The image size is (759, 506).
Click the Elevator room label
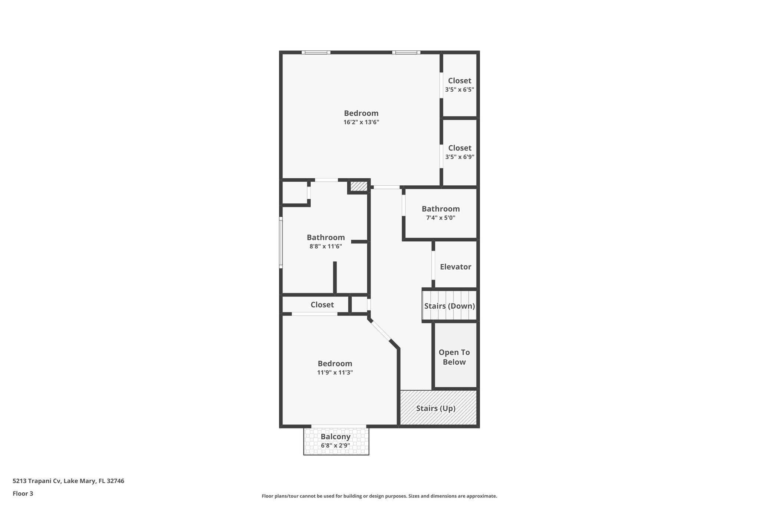455,267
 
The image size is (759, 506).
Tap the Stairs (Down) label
450,306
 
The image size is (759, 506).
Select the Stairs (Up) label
436,409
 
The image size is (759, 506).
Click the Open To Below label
454,357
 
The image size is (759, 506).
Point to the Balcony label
336,437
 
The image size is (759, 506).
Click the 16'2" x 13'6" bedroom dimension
361,122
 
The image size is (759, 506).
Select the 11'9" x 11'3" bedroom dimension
335,373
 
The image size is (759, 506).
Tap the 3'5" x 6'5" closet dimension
460,90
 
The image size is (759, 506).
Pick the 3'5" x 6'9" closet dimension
460,157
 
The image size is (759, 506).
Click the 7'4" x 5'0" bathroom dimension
441,218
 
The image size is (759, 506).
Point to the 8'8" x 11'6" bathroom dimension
326,246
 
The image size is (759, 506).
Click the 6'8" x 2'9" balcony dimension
336,446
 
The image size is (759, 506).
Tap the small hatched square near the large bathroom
358,186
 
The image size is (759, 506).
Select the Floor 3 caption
23,493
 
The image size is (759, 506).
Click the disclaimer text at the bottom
379,496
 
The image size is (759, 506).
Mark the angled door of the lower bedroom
381,331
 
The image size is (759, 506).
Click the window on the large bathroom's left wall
281,242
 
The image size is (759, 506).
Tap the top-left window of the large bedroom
316,52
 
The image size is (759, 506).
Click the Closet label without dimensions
322,305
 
